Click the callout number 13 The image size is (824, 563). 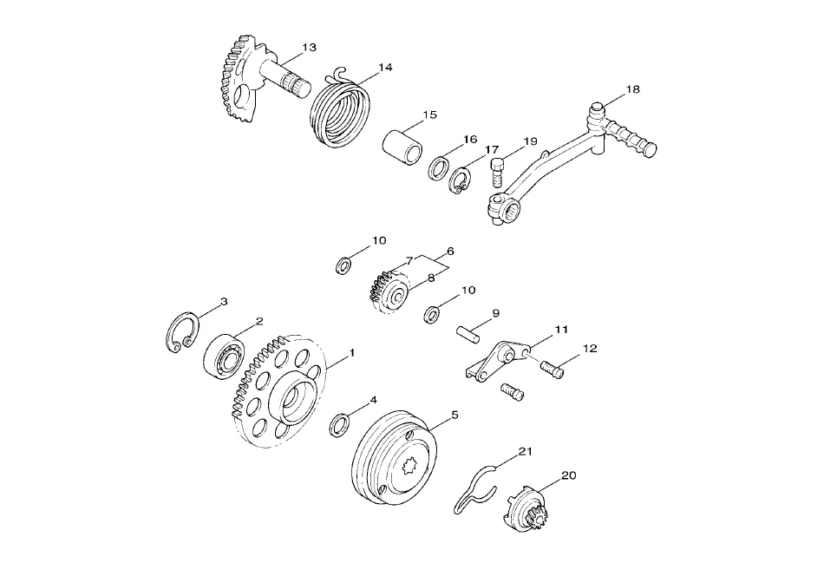tap(310, 48)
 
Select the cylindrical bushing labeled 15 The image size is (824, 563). tap(402, 145)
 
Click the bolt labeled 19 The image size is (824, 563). tap(498, 173)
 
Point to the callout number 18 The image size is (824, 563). tap(632, 89)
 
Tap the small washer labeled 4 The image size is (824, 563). tap(340, 425)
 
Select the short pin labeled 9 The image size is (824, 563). tap(467, 336)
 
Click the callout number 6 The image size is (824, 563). tap(450, 252)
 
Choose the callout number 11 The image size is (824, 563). tap(561, 330)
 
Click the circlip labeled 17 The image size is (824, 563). tap(458, 180)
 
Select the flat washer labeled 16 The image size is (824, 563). tap(438, 167)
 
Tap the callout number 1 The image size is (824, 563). tap(352, 352)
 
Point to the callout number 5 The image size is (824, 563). tap(455, 415)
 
